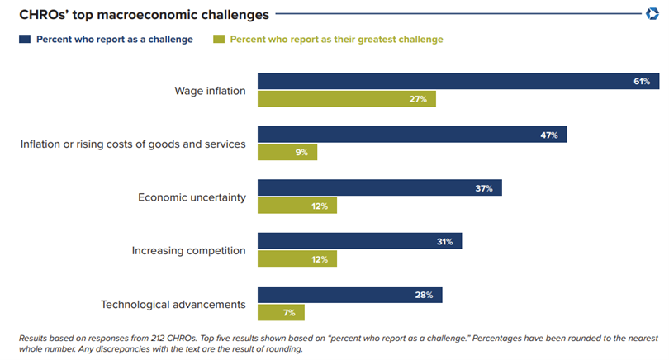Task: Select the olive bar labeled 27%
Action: click(x=346, y=99)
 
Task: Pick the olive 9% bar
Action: click(x=287, y=152)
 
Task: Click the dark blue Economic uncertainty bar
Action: click(x=379, y=188)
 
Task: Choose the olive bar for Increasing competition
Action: click(x=297, y=259)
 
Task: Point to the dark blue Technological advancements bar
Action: click(x=349, y=295)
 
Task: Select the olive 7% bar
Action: click(x=281, y=312)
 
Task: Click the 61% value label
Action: click(x=642, y=82)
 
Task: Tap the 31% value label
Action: click(x=444, y=242)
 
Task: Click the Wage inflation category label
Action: click(x=210, y=91)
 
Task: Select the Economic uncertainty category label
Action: click(x=192, y=197)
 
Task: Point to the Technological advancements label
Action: click(x=173, y=304)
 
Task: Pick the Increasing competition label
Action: click(x=189, y=250)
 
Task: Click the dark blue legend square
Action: click(x=24, y=39)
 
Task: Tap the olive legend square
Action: click(x=218, y=39)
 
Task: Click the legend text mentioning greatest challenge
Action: click(x=336, y=39)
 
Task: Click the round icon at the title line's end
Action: click(x=652, y=13)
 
